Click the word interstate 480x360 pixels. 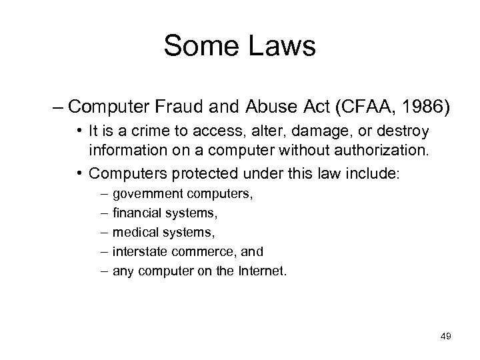137,252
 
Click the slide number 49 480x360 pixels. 445,337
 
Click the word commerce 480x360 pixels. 191,252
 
